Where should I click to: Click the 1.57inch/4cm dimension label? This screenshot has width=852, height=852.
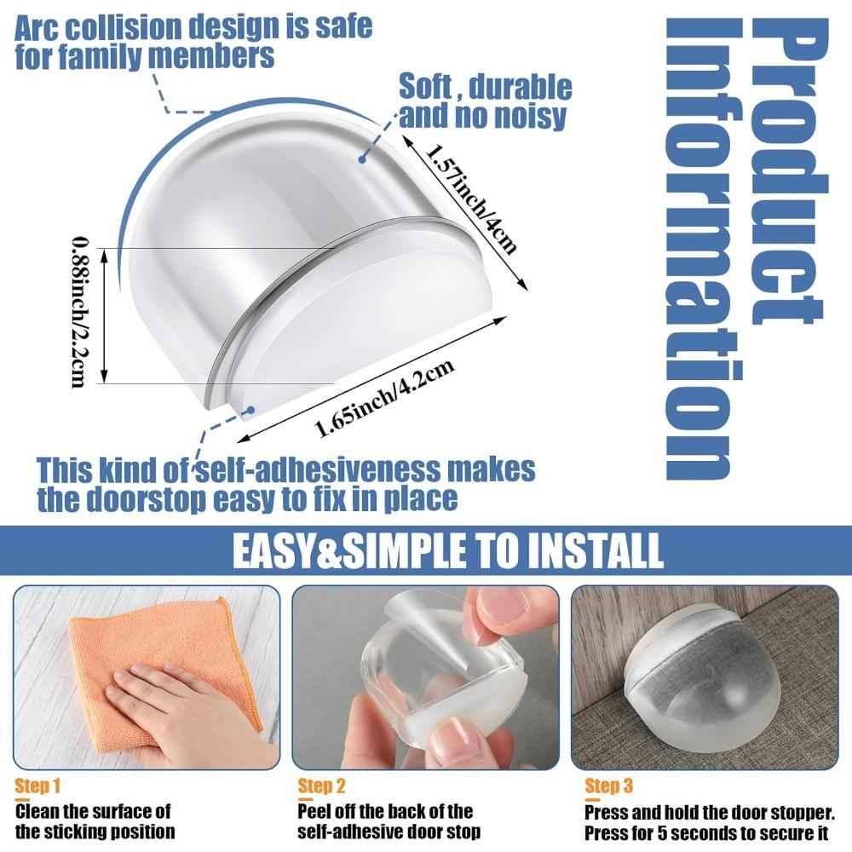click(470, 199)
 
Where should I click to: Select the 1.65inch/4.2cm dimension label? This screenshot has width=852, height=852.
click(385, 398)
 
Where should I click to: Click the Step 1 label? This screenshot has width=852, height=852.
click(37, 786)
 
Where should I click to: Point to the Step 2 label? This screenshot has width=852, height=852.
click(321, 786)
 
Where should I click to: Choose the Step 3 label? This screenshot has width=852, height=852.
click(608, 786)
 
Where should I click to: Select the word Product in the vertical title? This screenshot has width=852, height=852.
click(789, 171)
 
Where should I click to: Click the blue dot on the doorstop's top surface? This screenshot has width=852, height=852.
click(361, 159)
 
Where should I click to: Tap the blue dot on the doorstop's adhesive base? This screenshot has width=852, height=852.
click(250, 410)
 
